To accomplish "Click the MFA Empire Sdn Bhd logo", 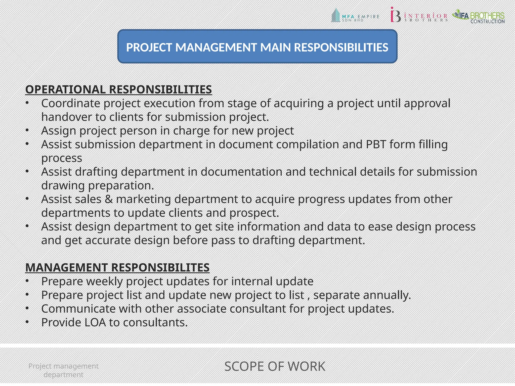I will click(x=355, y=16).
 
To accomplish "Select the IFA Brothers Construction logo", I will click(x=478, y=16).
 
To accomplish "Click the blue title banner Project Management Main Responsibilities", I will click(x=257, y=46).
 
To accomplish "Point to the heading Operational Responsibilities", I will click(x=118, y=90).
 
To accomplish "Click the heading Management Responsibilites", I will click(x=117, y=267).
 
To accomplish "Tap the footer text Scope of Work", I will click(x=275, y=366).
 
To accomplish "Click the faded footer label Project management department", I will click(x=63, y=370).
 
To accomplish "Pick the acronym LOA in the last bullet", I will click(x=95, y=322).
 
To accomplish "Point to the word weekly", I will click(x=104, y=281).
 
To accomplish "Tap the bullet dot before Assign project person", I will click(x=27, y=130).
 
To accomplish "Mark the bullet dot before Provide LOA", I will click(x=27, y=322).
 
